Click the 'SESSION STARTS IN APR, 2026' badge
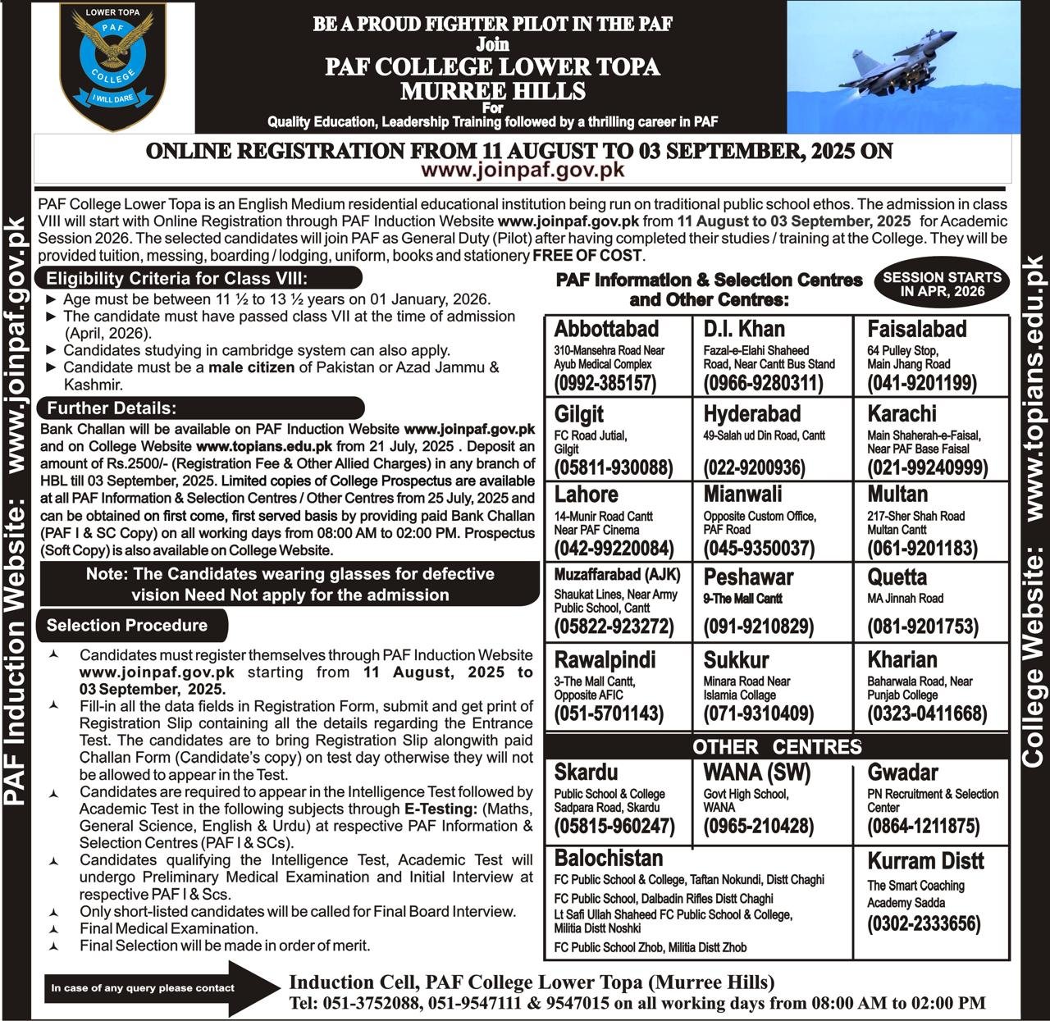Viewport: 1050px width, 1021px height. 942,284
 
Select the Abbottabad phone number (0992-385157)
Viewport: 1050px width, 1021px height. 605,383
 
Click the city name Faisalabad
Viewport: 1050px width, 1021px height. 917,329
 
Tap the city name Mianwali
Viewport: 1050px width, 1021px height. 742,495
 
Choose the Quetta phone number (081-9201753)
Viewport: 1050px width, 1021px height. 923,627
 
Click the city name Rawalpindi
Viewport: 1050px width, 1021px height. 605,659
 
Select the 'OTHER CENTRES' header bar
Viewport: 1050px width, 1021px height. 777,746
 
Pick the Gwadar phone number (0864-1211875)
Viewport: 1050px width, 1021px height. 924,826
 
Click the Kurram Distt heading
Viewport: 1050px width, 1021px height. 926,861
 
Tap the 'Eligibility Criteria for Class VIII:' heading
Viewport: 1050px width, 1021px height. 176,277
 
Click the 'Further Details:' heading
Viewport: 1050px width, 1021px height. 112,408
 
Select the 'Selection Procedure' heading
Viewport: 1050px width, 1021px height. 127,626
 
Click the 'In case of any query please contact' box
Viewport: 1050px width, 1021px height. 143,988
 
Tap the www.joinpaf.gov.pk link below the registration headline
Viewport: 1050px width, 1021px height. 523,170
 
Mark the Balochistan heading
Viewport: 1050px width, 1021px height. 609,858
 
